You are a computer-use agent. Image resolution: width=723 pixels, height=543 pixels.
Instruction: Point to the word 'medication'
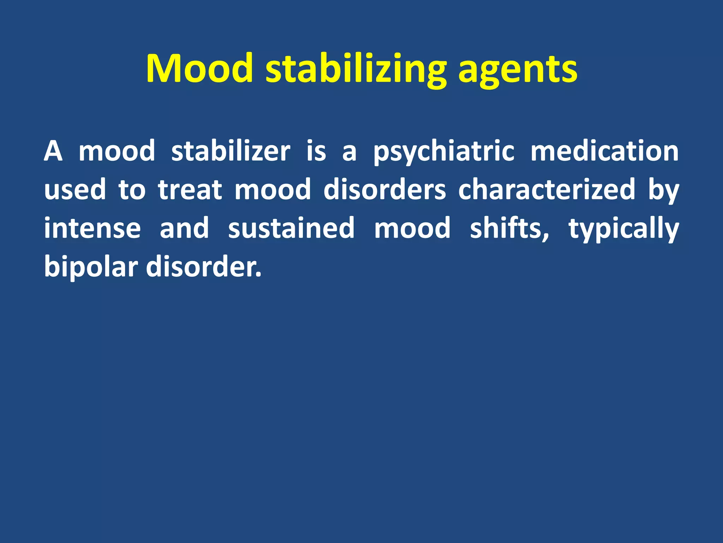(x=604, y=151)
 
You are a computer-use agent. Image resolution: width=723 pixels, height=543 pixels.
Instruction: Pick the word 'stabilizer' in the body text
(x=231, y=151)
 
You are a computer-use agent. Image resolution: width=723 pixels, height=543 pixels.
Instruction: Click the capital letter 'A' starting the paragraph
(x=53, y=151)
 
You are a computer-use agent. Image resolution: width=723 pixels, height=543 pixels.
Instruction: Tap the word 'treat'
(x=190, y=190)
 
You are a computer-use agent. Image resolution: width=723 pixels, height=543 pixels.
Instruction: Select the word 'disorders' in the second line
(x=384, y=190)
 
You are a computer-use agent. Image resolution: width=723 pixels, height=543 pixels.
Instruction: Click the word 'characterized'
(x=547, y=190)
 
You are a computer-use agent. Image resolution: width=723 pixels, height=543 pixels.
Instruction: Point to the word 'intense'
(x=92, y=228)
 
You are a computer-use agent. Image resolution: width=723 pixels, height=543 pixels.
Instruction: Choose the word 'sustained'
(x=291, y=228)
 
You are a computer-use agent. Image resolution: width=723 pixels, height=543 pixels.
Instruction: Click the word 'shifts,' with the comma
(x=509, y=228)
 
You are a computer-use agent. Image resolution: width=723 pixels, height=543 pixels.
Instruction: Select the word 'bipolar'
(x=91, y=268)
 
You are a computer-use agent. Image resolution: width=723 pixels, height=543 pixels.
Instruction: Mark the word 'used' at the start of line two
(x=75, y=190)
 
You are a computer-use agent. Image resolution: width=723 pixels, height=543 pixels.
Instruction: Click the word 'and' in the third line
(x=184, y=228)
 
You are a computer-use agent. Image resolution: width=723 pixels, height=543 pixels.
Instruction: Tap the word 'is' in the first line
(x=316, y=151)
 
